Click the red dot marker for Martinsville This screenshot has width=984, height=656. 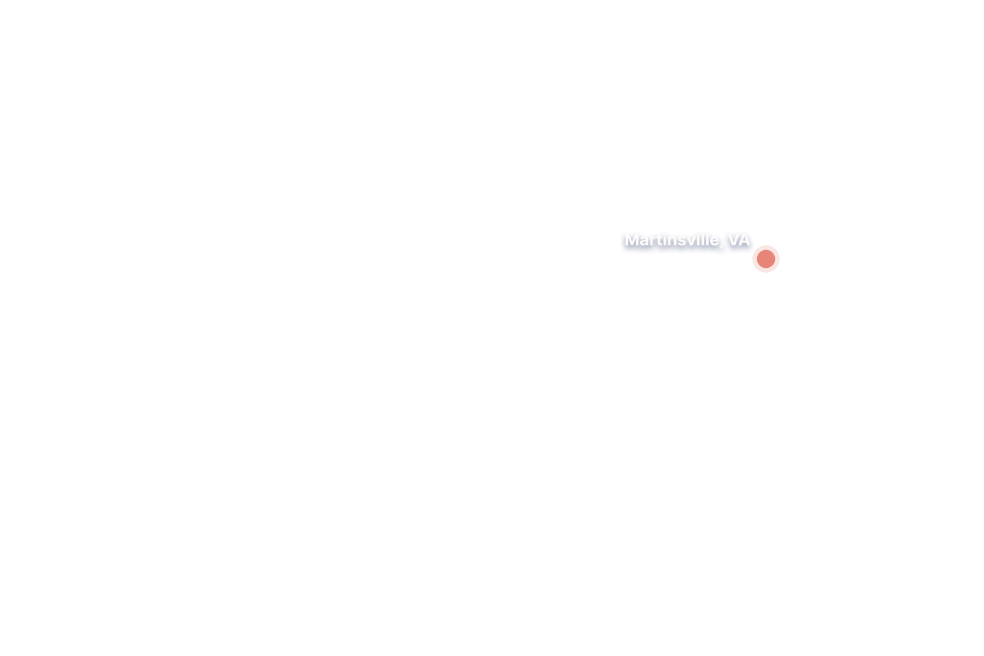pos(765,259)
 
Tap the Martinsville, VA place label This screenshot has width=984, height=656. pos(687,240)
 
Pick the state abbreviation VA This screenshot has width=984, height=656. pos(739,240)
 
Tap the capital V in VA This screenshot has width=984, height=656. pos(733,240)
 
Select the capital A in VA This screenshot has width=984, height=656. pos(745,240)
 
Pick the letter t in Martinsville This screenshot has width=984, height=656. pos(659,241)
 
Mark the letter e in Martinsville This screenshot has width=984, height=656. pos(714,242)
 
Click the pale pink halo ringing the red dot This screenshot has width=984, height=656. pos(765,247)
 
